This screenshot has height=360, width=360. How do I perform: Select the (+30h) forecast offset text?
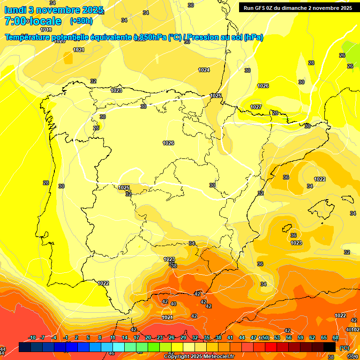[81, 21]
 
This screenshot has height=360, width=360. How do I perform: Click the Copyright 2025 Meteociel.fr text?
[199, 357]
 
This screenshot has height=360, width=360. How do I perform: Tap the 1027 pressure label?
[255, 107]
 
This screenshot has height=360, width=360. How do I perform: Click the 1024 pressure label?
[203, 70]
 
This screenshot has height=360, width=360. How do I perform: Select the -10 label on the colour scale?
[32, 338]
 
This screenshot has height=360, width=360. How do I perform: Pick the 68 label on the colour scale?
[336, 338]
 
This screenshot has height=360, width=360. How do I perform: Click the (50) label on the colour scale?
[265, 338]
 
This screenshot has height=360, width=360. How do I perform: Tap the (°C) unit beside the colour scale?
[345, 348]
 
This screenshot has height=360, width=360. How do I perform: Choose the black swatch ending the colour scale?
[330, 347]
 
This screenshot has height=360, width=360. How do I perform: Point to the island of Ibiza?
[286, 228]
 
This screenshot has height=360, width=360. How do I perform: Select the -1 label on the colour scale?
[66, 338]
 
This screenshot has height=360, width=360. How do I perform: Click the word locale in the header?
[46, 21]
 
